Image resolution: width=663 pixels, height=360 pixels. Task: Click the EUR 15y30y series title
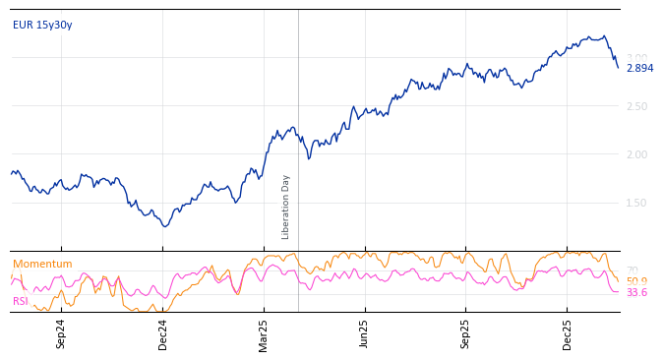click(42, 25)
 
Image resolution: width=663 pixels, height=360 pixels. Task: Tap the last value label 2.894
click(639, 68)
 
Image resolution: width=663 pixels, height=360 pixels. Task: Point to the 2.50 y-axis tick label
click(637, 106)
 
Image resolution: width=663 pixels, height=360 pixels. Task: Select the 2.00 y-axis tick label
click(637, 154)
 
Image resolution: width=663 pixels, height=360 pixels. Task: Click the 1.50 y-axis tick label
click(637, 203)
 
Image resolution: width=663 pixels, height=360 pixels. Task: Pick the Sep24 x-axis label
click(61, 333)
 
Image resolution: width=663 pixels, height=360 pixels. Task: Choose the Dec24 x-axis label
click(163, 333)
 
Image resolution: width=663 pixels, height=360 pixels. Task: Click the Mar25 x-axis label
click(264, 333)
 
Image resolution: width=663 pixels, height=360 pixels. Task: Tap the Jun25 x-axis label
click(365, 333)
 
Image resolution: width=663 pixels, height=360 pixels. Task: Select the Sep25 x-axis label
click(466, 333)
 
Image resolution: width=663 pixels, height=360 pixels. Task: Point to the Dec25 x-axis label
click(568, 333)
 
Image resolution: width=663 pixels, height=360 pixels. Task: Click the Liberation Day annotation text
click(286, 207)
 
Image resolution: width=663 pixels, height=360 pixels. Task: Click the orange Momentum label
click(42, 264)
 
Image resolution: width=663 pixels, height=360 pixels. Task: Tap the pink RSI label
click(21, 301)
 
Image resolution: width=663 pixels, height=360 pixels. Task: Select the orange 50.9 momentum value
click(636, 281)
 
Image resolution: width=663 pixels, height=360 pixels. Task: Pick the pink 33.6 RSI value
click(636, 292)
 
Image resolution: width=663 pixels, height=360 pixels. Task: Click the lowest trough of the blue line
click(165, 226)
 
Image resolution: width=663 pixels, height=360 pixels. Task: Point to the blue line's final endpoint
click(618, 67)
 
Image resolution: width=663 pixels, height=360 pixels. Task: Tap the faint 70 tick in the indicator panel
click(632, 270)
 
